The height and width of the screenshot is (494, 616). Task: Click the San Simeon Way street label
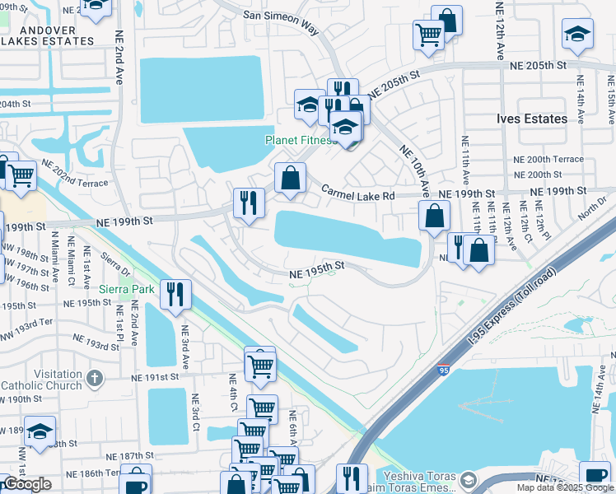[281, 21]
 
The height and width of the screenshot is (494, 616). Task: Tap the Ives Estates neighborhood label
[532, 119]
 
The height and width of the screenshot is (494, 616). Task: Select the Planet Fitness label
[300, 140]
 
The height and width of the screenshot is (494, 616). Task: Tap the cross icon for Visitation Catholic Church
[95, 378]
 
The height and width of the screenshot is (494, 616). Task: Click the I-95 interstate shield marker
[443, 371]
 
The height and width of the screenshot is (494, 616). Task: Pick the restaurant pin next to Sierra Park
[175, 295]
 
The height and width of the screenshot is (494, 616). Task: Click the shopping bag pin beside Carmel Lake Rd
[290, 178]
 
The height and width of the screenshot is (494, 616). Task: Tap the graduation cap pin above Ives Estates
[578, 34]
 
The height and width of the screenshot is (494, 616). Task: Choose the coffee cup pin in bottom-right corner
[595, 476]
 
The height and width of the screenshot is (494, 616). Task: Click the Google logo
[28, 484]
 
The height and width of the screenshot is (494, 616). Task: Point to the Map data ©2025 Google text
[565, 487]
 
